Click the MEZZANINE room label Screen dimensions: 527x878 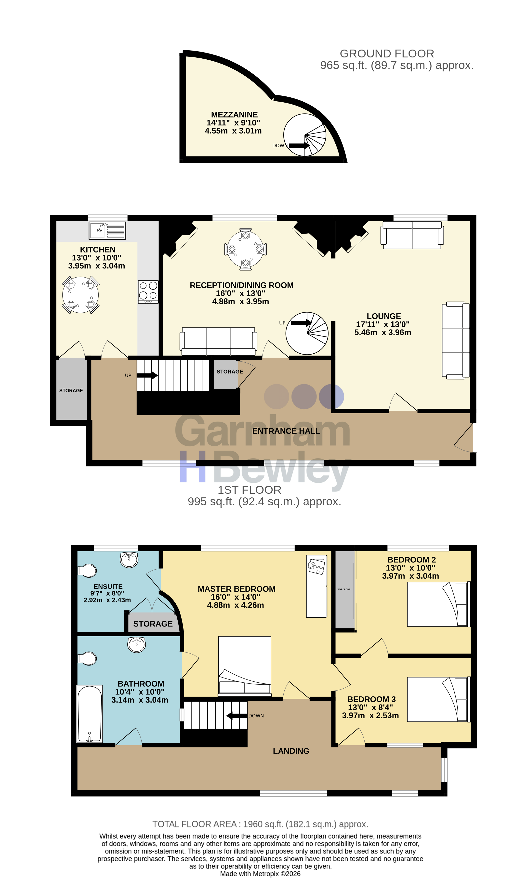[234, 115]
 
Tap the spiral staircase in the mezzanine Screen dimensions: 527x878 [305, 135]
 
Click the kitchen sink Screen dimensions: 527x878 [107, 230]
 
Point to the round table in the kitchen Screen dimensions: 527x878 [81, 295]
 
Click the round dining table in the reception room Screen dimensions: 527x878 [245, 249]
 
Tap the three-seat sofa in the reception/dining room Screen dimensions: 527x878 [218, 341]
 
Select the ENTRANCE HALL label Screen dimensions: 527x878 [286, 431]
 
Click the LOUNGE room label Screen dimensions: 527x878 [384, 316]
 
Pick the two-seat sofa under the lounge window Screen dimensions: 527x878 [412, 235]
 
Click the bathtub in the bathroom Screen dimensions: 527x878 [90, 714]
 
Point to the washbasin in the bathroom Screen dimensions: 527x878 [137, 645]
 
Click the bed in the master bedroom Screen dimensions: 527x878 [245, 666]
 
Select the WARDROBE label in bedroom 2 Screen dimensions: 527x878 [344, 589]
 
